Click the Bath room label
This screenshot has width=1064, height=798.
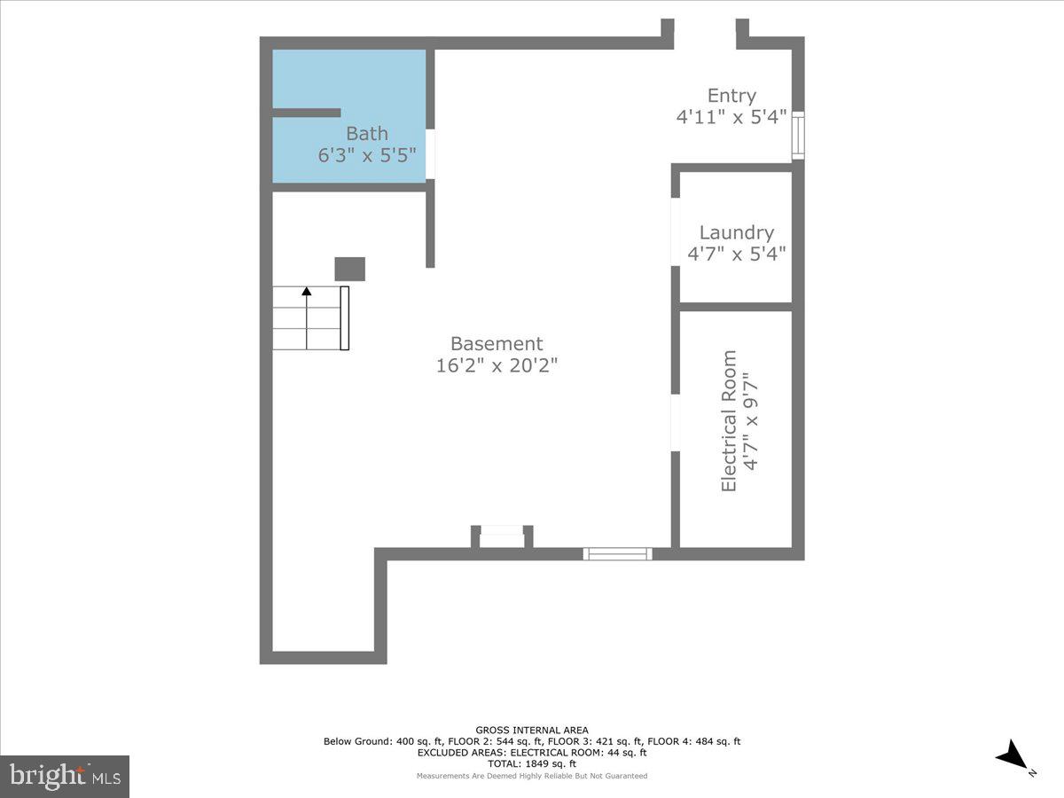click(367, 134)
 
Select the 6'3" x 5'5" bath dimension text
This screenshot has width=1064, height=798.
click(367, 155)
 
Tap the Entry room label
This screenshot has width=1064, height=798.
click(731, 96)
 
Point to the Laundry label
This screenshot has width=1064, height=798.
click(736, 232)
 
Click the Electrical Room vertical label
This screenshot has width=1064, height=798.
click(729, 421)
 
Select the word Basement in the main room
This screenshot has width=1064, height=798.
click(497, 344)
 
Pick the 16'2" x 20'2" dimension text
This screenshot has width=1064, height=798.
click(497, 365)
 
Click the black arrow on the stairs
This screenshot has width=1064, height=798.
click(307, 290)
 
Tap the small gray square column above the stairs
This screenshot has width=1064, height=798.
click(349, 269)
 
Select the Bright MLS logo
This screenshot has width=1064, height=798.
click(65, 776)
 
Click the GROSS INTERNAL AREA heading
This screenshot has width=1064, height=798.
click(532, 731)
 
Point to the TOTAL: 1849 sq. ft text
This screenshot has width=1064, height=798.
click(532, 763)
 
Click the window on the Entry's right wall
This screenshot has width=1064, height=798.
click(798, 136)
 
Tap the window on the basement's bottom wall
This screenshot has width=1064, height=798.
click(617, 554)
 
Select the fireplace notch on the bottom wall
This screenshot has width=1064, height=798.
click(502, 536)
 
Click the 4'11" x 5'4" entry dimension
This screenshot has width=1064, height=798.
click(731, 117)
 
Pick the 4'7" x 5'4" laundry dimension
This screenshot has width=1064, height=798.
click(736, 254)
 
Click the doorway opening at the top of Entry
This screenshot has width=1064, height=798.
click(705, 35)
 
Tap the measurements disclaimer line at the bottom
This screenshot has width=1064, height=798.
click(532, 776)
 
